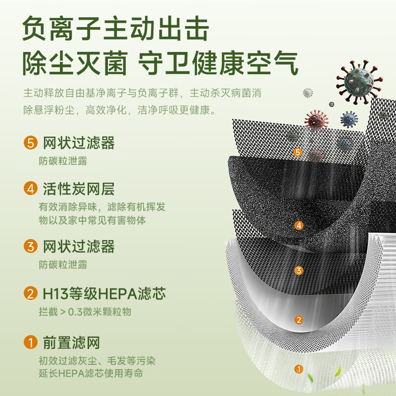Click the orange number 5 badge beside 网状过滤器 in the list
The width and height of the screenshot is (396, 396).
(x=31, y=143)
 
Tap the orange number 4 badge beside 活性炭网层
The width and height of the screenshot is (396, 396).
(x=31, y=189)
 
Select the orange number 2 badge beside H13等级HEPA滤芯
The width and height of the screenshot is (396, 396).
(x=31, y=293)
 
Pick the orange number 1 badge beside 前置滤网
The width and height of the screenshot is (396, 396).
(x=31, y=342)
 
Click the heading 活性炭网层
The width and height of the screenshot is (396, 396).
(x=79, y=189)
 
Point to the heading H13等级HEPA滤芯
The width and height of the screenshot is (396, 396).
(x=104, y=294)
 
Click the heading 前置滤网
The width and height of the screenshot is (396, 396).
(x=71, y=343)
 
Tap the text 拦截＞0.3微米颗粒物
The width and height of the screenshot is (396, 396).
(x=85, y=312)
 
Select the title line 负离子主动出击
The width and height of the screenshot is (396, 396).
(x=115, y=28)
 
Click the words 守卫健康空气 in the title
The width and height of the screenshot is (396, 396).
(x=218, y=63)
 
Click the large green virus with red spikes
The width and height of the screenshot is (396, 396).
(x=359, y=82)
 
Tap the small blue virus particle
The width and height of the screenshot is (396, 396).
(x=349, y=119)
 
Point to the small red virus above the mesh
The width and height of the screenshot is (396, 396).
(x=317, y=120)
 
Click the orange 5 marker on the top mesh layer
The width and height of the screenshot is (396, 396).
(x=298, y=152)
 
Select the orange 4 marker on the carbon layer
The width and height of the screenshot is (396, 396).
(x=299, y=225)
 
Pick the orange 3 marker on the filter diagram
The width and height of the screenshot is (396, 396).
(x=299, y=270)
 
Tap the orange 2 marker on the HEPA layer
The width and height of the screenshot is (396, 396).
(x=299, y=320)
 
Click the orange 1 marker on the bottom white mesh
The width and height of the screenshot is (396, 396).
(x=299, y=369)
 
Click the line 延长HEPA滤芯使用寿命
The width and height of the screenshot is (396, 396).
(x=91, y=373)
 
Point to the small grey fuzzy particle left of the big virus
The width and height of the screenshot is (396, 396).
(x=308, y=93)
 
